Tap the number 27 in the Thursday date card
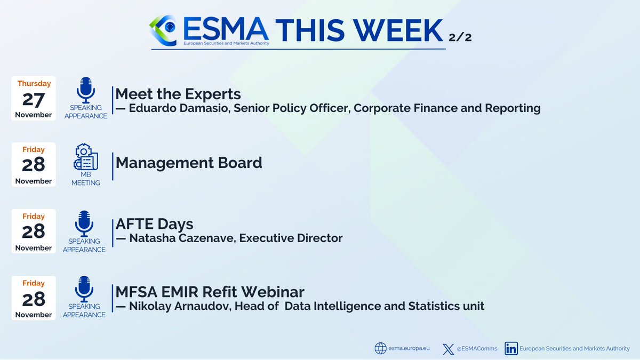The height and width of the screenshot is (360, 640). (x=33, y=99)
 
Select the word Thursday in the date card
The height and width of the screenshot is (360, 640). (x=34, y=84)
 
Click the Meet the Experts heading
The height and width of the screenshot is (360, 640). (x=178, y=94)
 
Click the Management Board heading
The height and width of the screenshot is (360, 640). (x=189, y=163)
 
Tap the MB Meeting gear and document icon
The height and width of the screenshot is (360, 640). (x=85, y=158)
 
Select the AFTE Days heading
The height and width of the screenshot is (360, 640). (x=154, y=225)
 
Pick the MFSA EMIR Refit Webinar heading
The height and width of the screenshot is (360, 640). (x=210, y=292)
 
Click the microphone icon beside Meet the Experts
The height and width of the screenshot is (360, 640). (x=85, y=90)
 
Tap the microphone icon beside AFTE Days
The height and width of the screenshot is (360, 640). (x=84, y=223)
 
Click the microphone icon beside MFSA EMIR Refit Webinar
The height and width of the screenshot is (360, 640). (x=84, y=289)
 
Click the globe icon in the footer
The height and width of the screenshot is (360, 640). (x=380, y=349)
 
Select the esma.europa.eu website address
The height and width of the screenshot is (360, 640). (x=409, y=349)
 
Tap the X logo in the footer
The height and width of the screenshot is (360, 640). (x=448, y=349)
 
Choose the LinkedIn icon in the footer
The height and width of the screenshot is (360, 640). (x=511, y=349)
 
